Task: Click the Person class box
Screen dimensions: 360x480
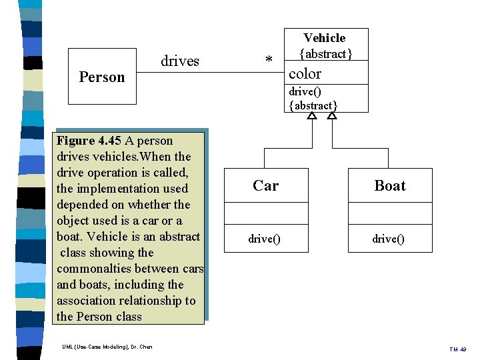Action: click(101, 77)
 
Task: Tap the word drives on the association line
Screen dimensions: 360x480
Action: click(180, 61)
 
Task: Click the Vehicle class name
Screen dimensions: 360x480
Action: click(325, 38)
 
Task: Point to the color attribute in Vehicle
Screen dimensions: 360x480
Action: click(305, 73)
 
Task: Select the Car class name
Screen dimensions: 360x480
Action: click(265, 185)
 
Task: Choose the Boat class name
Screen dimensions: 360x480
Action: click(390, 185)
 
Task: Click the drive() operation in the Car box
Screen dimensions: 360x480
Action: click(265, 239)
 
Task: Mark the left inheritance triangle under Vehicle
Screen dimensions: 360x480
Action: click(311, 116)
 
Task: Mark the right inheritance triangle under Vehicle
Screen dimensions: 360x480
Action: click(332, 116)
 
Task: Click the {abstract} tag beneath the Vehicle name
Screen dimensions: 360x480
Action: click(325, 53)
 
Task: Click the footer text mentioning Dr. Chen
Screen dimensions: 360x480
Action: click(107, 347)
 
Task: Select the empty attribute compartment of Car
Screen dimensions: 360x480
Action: click(265, 213)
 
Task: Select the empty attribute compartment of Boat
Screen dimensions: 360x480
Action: click(390, 213)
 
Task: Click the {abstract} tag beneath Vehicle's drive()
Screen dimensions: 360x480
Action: click(313, 105)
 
